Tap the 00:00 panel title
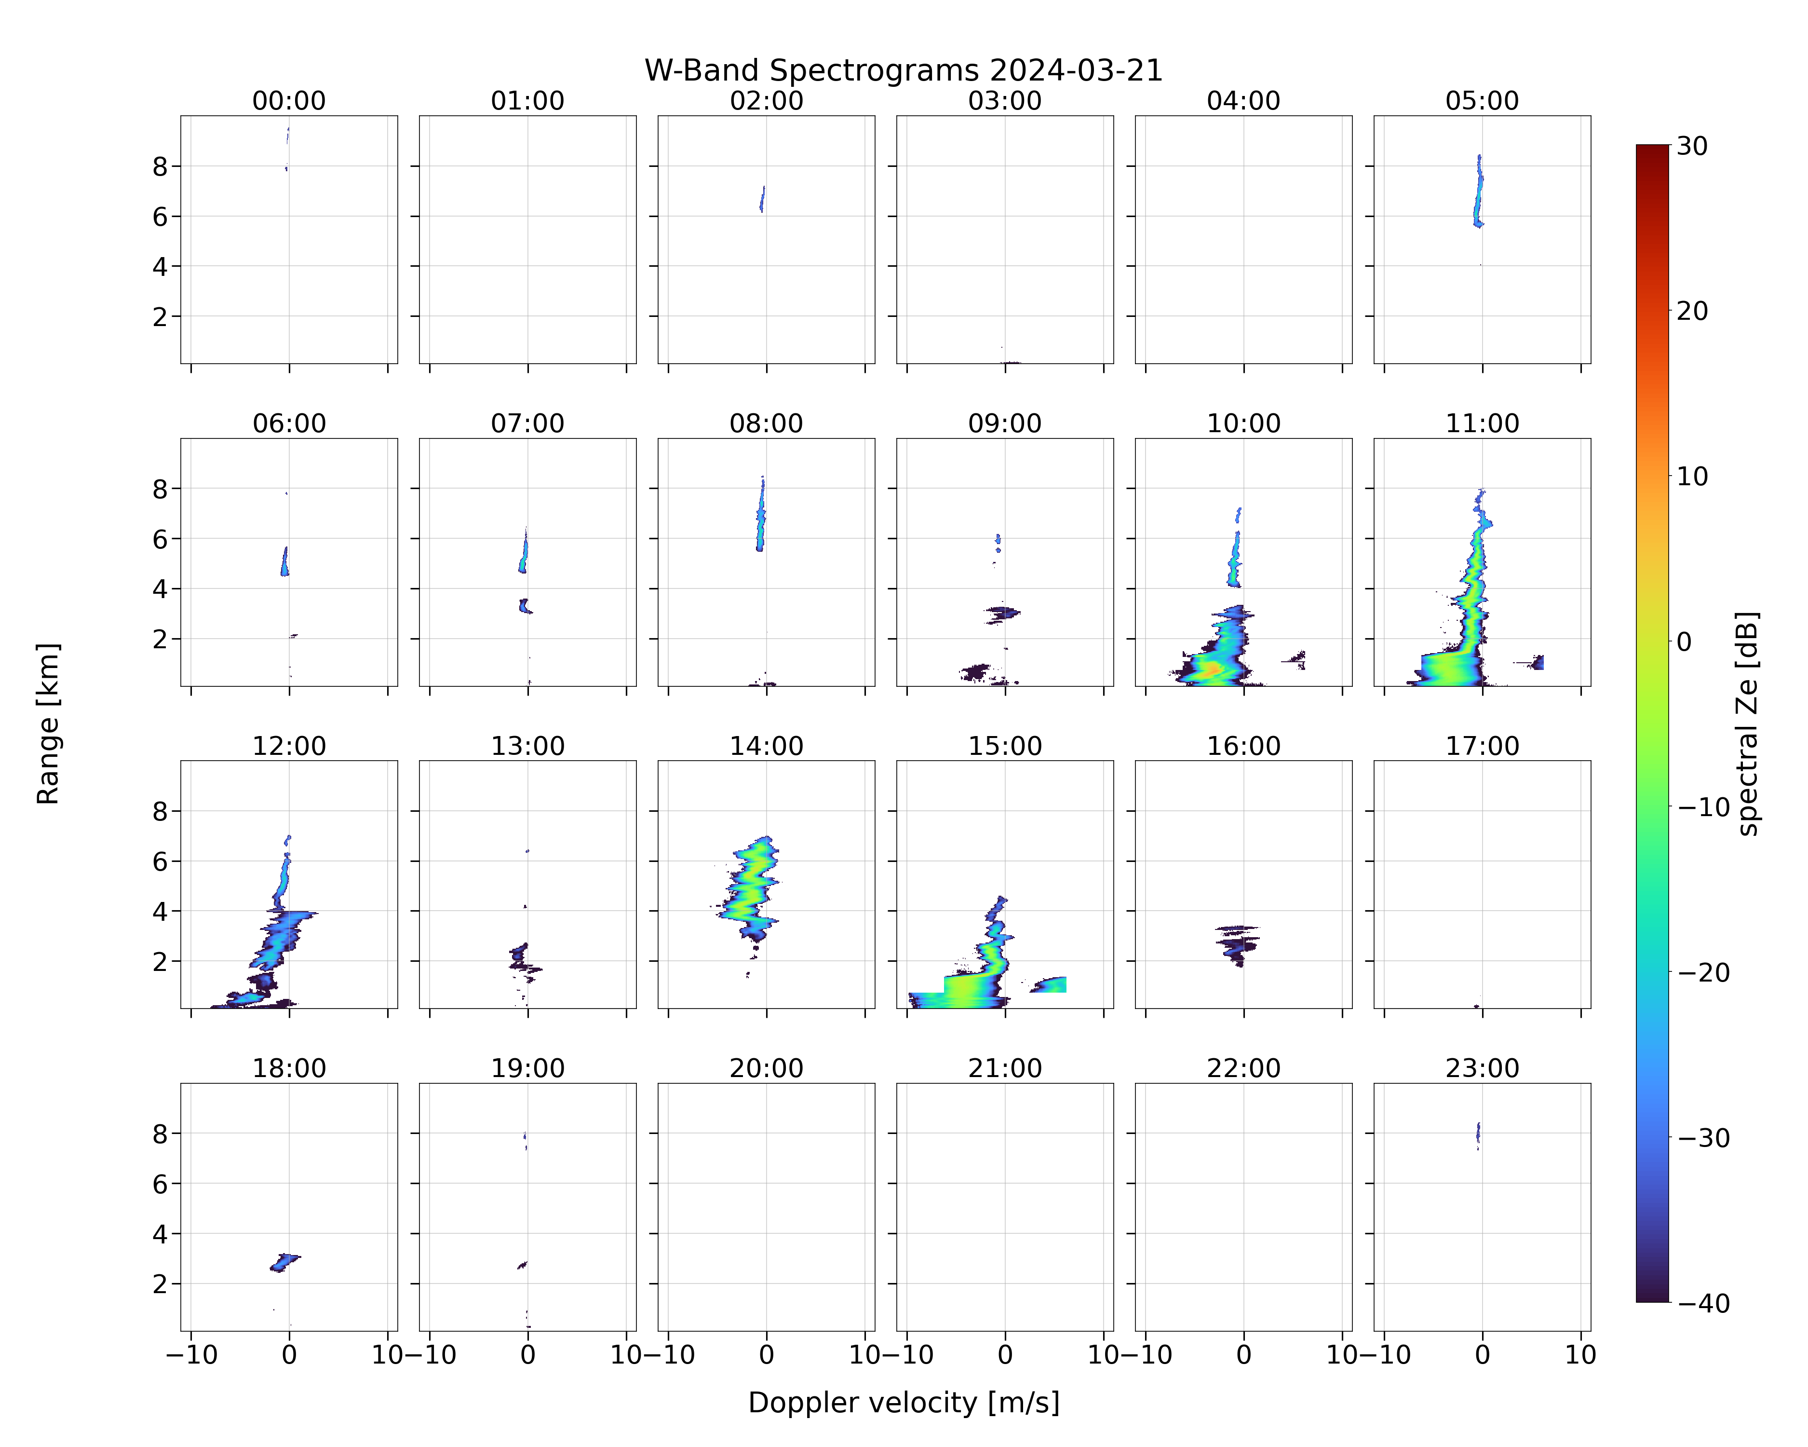pos(289,101)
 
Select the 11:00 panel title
pos(1482,423)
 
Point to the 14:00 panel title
pos(767,746)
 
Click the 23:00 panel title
pos(1482,1069)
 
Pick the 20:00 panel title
pos(767,1069)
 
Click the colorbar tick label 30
pos(1692,146)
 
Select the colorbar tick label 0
pos(1685,642)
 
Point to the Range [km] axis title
pos(48,724)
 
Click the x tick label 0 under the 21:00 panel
pos(1005,1355)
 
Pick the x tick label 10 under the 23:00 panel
pos(1581,1355)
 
